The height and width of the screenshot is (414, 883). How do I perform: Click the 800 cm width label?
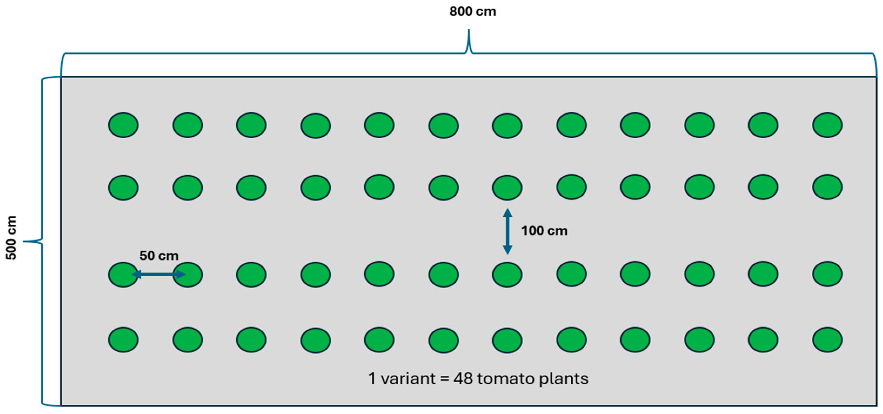473,12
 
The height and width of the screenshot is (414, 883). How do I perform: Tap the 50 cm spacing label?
159,256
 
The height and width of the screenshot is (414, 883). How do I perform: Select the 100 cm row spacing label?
544,231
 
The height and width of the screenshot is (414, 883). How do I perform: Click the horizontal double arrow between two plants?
159,274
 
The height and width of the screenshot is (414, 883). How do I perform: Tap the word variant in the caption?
408,379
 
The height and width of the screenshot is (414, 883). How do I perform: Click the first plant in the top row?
123,125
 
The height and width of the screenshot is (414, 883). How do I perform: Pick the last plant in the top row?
827,125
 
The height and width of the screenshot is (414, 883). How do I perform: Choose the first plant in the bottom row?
123,340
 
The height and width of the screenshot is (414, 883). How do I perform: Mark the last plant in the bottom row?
827,340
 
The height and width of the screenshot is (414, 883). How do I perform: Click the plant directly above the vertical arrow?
507,188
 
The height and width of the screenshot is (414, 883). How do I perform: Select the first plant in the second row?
123,188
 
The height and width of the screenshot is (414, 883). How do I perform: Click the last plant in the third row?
827,274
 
